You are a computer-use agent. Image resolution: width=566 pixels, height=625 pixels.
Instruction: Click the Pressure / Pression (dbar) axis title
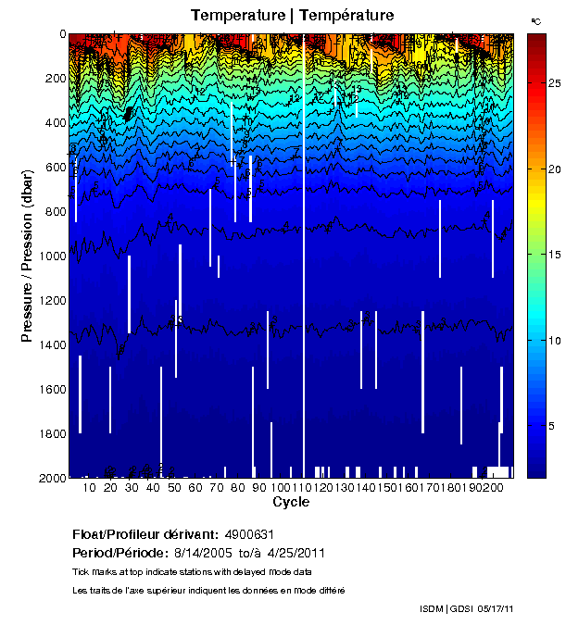27,256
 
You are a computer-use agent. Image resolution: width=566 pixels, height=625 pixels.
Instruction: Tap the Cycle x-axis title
291,502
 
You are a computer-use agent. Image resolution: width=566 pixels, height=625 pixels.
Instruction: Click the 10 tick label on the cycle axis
90,488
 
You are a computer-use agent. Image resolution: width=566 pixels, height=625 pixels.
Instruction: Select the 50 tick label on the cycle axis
174,488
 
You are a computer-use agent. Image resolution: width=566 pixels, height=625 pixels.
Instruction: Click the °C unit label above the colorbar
535,19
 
